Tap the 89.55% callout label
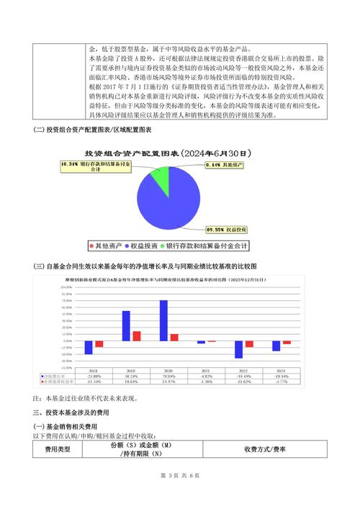(x=226, y=229)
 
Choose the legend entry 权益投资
(x=144, y=246)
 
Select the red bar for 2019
(x=136, y=335)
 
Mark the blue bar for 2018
(x=89, y=347)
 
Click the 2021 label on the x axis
(x=206, y=371)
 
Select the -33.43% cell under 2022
(x=243, y=377)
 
